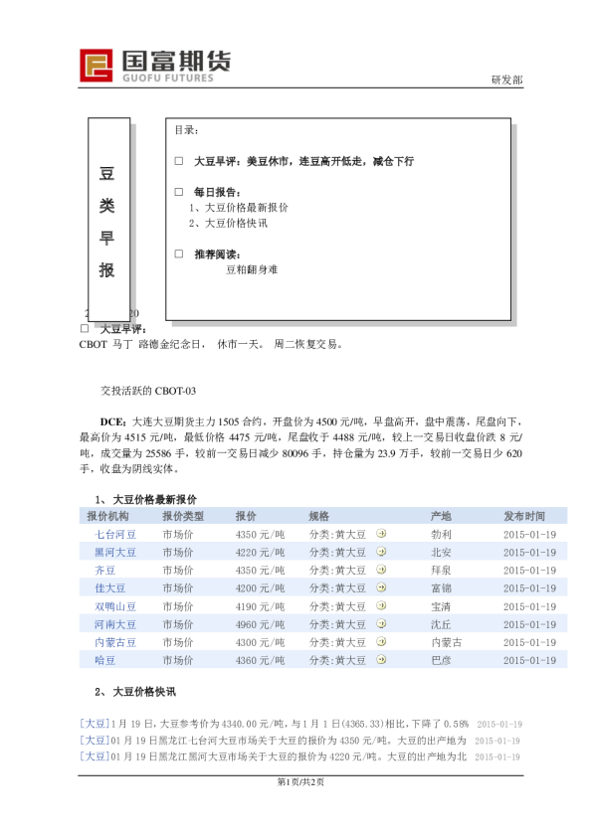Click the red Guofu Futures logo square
click(97, 65)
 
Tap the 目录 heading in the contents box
click(187, 130)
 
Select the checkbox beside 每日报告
click(179, 192)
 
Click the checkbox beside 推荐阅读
click(179, 253)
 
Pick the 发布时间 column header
click(523, 516)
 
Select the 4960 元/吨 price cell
click(260, 624)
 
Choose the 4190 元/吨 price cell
click(260, 606)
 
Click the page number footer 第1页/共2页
click(296, 781)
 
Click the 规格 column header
click(318, 516)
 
